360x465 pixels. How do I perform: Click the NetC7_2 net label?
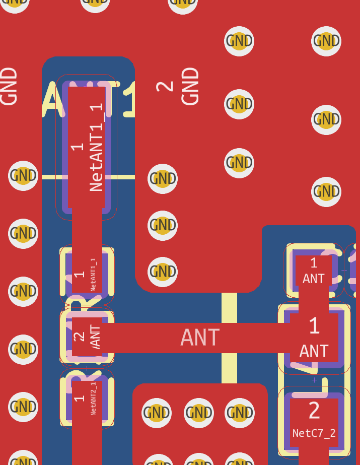(314, 433)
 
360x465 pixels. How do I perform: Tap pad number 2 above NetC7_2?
(314, 411)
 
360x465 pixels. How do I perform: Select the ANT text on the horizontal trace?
(200, 338)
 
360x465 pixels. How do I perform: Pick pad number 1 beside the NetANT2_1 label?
(79, 398)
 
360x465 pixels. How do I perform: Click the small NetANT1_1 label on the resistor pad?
(93, 275)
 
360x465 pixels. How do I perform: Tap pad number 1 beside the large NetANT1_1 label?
(77, 147)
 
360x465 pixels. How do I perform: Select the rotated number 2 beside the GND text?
(165, 87)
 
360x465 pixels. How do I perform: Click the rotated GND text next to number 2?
(190, 87)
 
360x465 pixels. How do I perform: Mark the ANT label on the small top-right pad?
(313, 279)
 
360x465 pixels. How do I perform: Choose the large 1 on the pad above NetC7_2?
(314, 326)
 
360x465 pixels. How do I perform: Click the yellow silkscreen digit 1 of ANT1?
(129, 100)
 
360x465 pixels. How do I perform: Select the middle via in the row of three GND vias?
(198, 413)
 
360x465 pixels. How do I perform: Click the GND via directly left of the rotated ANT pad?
(23, 349)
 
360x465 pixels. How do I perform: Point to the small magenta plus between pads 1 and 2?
(315, 380)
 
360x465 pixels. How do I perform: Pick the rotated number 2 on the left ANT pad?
(79, 337)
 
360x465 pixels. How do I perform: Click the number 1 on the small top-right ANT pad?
(314, 262)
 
